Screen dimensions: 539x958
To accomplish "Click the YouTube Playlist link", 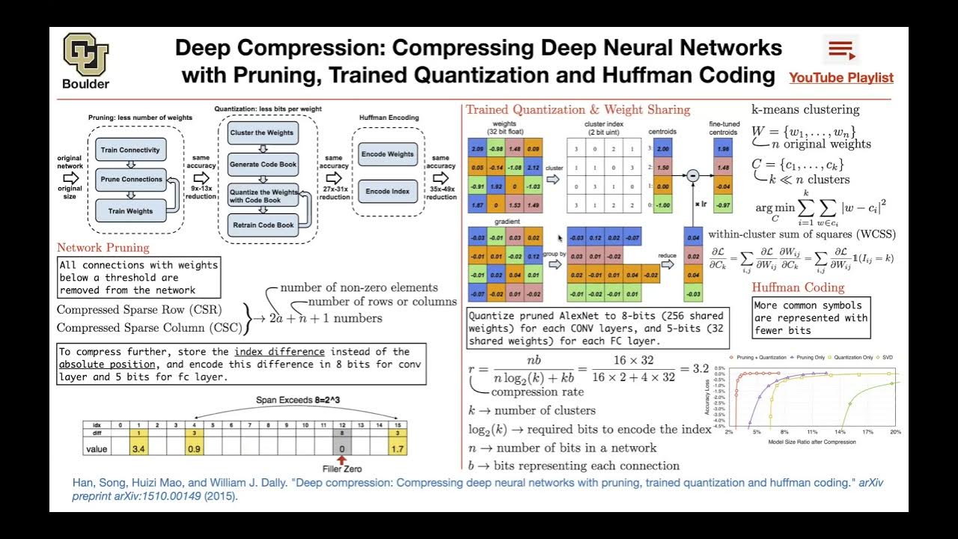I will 840,78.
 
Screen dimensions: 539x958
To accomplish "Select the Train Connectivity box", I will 130,150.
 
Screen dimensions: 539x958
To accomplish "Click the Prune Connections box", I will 131,180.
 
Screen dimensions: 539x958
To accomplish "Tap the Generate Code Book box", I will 263,165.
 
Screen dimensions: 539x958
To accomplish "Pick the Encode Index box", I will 388,192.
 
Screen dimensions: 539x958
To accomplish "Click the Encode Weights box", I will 388,154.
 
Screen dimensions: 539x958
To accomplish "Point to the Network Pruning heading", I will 103,248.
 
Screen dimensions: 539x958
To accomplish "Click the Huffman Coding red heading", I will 798,287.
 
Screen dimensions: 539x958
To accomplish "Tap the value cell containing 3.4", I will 138,449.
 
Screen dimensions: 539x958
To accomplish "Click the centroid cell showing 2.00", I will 663,150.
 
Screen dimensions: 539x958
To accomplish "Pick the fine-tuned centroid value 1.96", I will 723,150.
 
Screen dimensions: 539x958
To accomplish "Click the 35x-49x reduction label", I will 442,193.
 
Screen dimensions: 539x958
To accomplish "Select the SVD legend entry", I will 887,358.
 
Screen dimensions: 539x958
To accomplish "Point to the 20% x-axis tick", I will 895,433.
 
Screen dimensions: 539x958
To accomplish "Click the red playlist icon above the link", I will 841,50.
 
